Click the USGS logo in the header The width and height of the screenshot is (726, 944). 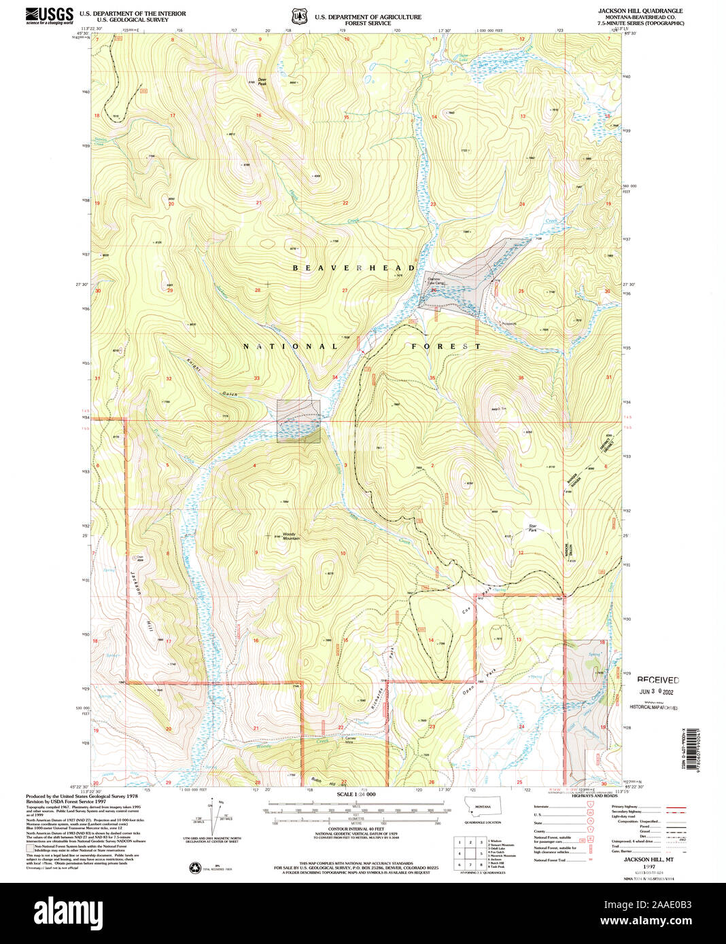(49, 16)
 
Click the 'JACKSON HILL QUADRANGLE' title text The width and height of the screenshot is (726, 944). (640, 12)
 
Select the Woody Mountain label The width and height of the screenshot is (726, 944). (291, 537)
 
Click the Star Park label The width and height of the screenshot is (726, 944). (533, 528)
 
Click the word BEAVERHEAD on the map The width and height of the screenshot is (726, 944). (353, 268)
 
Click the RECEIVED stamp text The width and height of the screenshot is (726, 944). (657, 680)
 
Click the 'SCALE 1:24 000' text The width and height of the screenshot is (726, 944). (356, 794)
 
